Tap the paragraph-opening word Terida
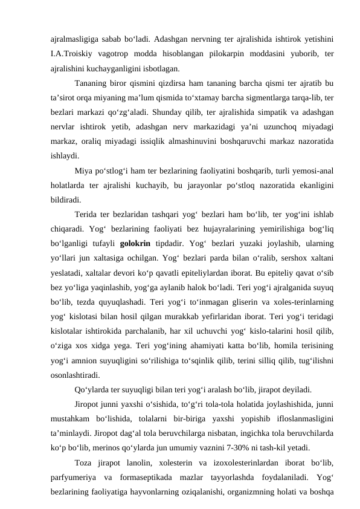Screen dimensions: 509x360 87,214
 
